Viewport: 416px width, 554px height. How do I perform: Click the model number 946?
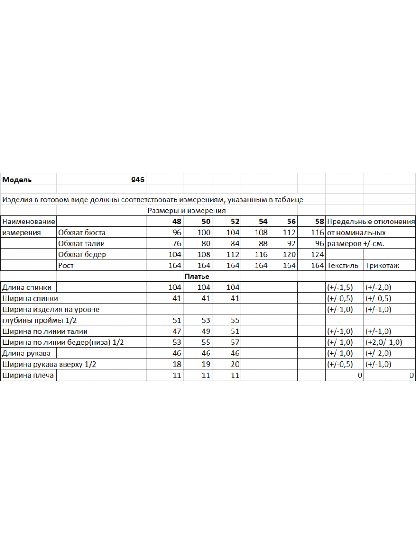pyautogui.click(x=138, y=180)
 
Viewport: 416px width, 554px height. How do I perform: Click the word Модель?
pyautogui.click(x=17, y=180)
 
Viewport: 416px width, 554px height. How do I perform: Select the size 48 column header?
pyautogui.click(x=176, y=222)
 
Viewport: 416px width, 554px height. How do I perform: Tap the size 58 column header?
pyautogui.click(x=319, y=222)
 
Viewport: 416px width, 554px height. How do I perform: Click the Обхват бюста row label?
pyautogui.click(x=82, y=233)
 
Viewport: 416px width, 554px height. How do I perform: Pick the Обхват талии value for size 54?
pyautogui.click(x=261, y=243)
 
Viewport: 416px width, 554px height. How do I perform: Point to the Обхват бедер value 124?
pyautogui.click(x=318, y=254)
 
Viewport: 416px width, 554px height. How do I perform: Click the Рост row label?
pyautogui.click(x=66, y=265)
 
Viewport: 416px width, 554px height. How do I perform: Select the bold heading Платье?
pyautogui.click(x=197, y=277)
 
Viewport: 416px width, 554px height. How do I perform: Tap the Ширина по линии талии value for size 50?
pyautogui.click(x=206, y=331)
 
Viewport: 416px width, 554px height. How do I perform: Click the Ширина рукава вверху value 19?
pyautogui.click(x=206, y=364)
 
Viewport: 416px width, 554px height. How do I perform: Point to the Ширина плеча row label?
pyautogui.click(x=28, y=375)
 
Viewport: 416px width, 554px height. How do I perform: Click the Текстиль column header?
pyautogui.click(x=343, y=265)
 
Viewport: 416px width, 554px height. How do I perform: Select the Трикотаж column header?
pyautogui.click(x=382, y=265)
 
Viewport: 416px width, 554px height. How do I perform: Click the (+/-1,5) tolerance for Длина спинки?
pyautogui.click(x=340, y=287)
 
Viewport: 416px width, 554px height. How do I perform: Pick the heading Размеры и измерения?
pyautogui.click(x=186, y=211)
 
